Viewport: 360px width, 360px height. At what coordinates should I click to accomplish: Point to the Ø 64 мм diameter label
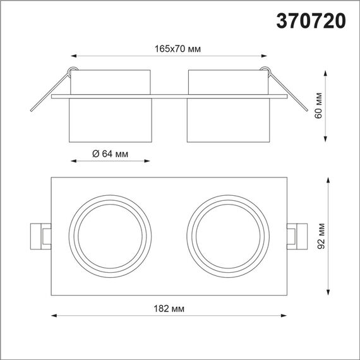click(x=110, y=154)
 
